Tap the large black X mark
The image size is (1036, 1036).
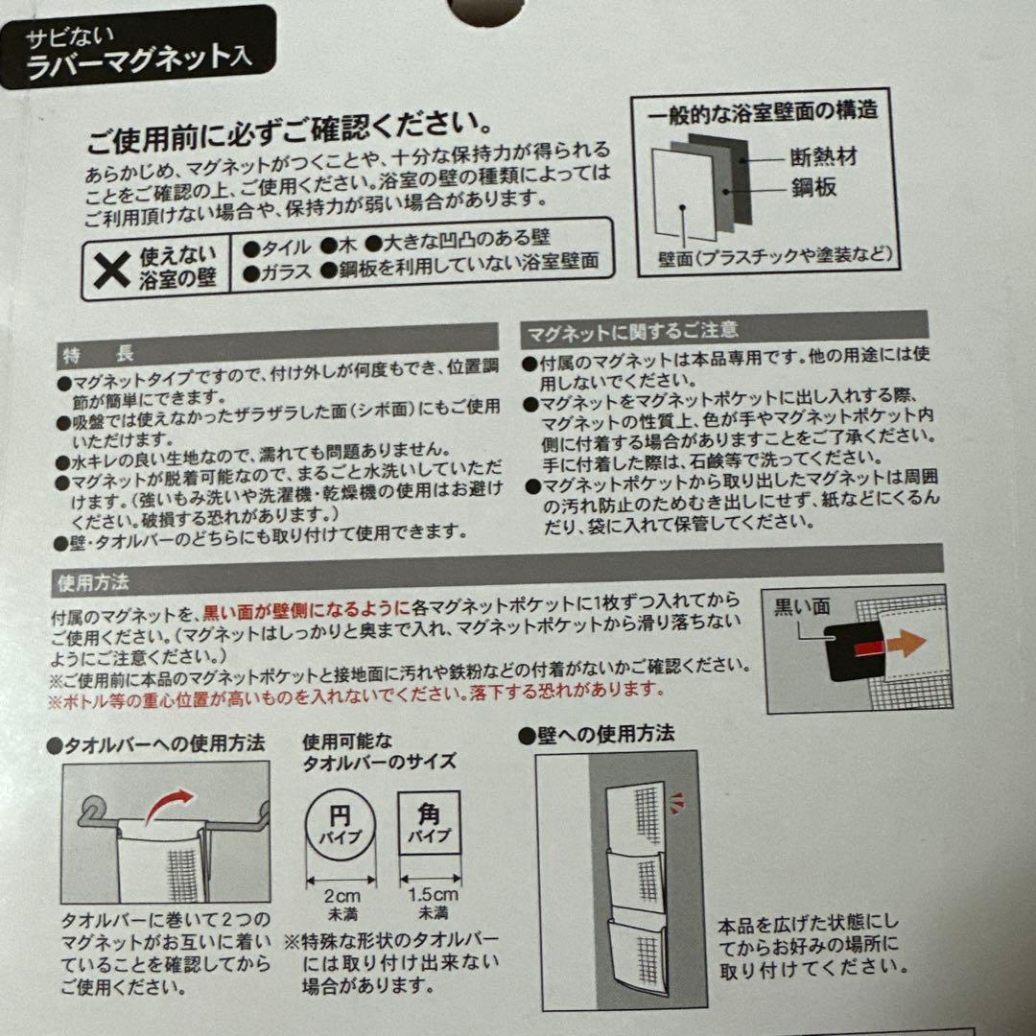[x=111, y=270]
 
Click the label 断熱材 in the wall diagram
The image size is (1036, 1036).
[x=823, y=156]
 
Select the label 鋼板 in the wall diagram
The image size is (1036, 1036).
[x=814, y=188]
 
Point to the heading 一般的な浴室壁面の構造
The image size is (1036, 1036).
[x=764, y=111]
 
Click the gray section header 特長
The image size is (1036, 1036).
[x=277, y=345]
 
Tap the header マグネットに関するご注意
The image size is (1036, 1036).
[x=724, y=328]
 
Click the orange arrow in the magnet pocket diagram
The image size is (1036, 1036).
[x=906, y=643]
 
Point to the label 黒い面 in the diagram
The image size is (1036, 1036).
[x=801, y=606]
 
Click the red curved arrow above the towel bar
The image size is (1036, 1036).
[x=169, y=805]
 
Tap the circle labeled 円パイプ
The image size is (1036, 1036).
[x=341, y=826]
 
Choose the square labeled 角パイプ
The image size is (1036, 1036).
[x=429, y=823]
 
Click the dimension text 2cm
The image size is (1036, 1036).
[x=341, y=897]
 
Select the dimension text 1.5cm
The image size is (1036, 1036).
[x=433, y=895]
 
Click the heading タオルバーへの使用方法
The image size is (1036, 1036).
[x=156, y=744]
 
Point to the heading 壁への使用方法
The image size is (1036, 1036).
[x=597, y=735]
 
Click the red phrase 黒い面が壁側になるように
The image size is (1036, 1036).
[x=307, y=611]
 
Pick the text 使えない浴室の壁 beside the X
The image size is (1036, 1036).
[x=177, y=267]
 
